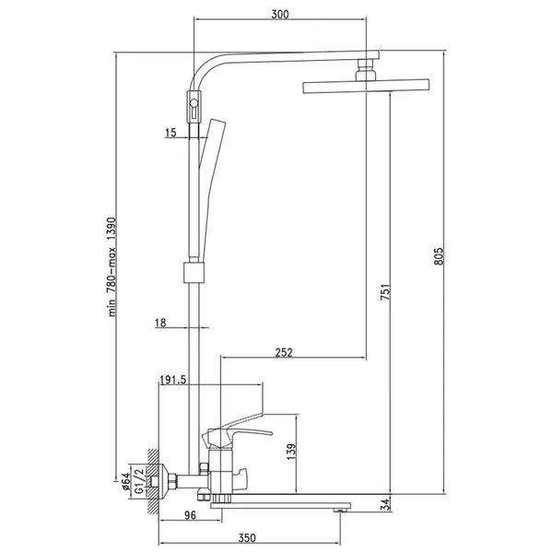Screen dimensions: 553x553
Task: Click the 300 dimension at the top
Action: [x=279, y=14]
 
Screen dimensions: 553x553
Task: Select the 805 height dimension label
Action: [x=439, y=256]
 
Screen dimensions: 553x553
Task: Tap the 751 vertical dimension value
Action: [x=385, y=291]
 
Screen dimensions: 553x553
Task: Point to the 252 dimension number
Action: [x=284, y=352]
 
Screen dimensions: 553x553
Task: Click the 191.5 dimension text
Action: [x=173, y=380]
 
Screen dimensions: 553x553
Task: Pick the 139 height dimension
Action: [x=291, y=452]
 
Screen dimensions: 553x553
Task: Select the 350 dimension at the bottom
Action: [x=246, y=538]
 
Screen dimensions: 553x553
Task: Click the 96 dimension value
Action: [x=190, y=515]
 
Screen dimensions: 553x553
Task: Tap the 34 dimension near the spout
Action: [x=386, y=504]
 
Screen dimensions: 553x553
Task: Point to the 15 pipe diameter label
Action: [x=171, y=133]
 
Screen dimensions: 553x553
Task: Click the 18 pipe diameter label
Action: [x=160, y=323]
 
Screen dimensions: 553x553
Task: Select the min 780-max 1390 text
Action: [x=112, y=267]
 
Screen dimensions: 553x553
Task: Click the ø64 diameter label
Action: [x=125, y=481]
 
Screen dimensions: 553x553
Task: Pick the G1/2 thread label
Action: [x=139, y=481]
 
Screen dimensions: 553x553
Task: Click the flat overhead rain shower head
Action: [x=366, y=86]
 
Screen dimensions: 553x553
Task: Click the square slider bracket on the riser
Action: [x=194, y=272]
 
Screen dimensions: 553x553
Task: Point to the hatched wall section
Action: [x=153, y=481]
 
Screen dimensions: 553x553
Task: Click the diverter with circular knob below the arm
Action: [x=194, y=107]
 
